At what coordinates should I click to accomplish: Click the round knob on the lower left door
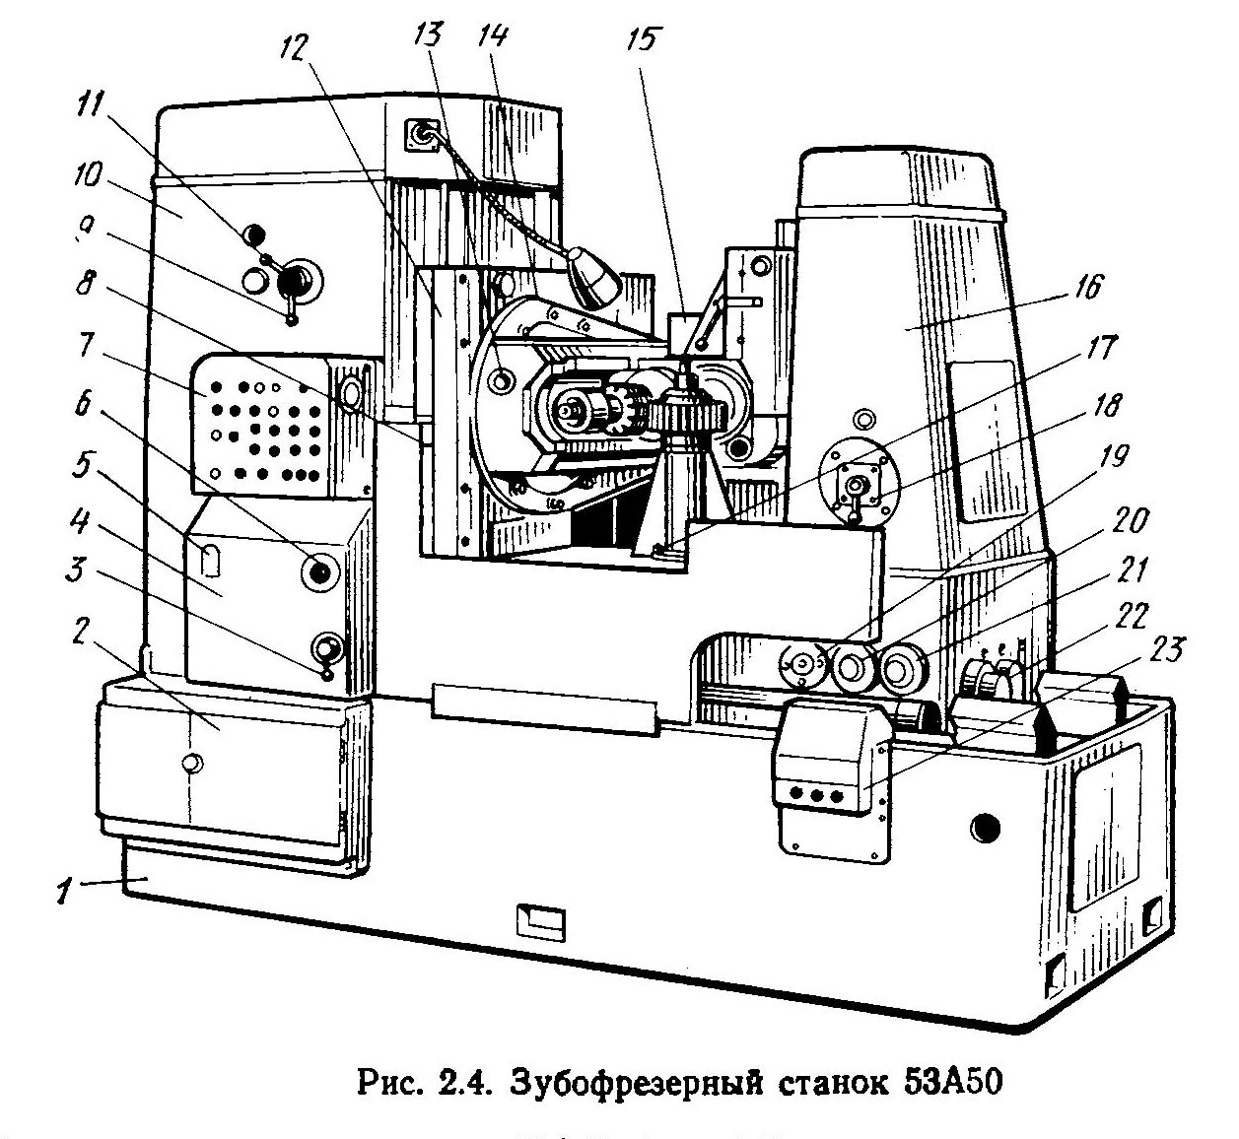tap(192, 763)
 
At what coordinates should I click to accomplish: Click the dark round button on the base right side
tap(983, 824)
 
